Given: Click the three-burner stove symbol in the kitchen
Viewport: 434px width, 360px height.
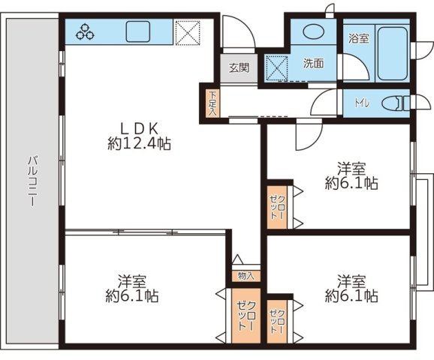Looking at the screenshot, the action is [x=85, y=31].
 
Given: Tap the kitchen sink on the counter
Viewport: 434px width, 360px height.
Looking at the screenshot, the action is [x=138, y=31].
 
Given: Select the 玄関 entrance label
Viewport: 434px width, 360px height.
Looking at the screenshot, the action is [x=239, y=67].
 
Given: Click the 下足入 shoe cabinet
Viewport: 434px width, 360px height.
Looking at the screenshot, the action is [x=212, y=103].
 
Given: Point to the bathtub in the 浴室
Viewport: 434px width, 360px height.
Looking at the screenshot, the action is [x=393, y=54].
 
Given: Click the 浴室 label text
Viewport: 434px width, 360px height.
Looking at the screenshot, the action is [x=359, y=38].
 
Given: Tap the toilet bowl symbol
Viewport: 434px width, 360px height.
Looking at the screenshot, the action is [x=393, y=103].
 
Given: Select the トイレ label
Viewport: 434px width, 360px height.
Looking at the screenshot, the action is [x=363, y=103].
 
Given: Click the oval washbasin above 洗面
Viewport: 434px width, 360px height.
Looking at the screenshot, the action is [x=314, y=31].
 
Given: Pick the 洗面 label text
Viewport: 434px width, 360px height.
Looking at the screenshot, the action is [x=314, y=63].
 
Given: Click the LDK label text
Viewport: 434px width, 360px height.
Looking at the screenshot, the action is [x=139, y=128].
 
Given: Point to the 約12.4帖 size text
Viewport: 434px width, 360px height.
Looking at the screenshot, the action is [x=139, y=143].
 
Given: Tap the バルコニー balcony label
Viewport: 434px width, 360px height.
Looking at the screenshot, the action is [x=32, y=181].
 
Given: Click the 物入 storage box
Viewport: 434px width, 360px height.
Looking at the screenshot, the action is [x=246, y=276].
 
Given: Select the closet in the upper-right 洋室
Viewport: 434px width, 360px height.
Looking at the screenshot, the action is [x=277, y=207].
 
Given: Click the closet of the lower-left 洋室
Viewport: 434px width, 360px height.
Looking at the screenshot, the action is [x=246, y=316].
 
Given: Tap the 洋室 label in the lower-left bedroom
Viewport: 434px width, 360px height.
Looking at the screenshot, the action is [x=132, y=281].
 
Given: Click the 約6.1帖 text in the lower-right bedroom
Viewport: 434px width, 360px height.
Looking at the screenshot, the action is [x=351, y=295].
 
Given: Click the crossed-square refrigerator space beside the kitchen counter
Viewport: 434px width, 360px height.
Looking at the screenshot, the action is [x=188, y=33].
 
